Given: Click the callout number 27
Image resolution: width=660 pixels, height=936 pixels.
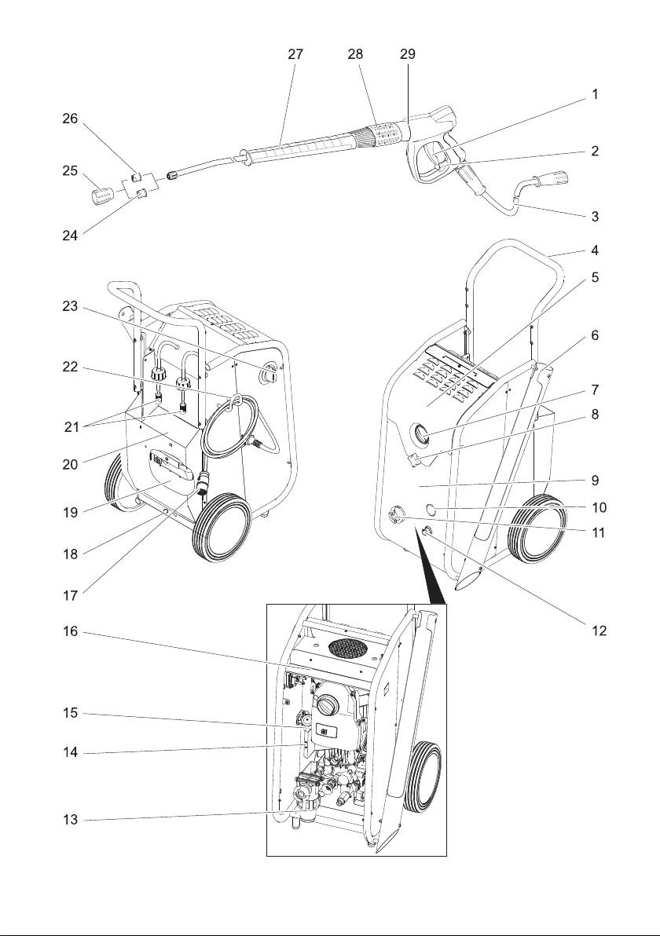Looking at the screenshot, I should pyautogui.click(x=295, y=55).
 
